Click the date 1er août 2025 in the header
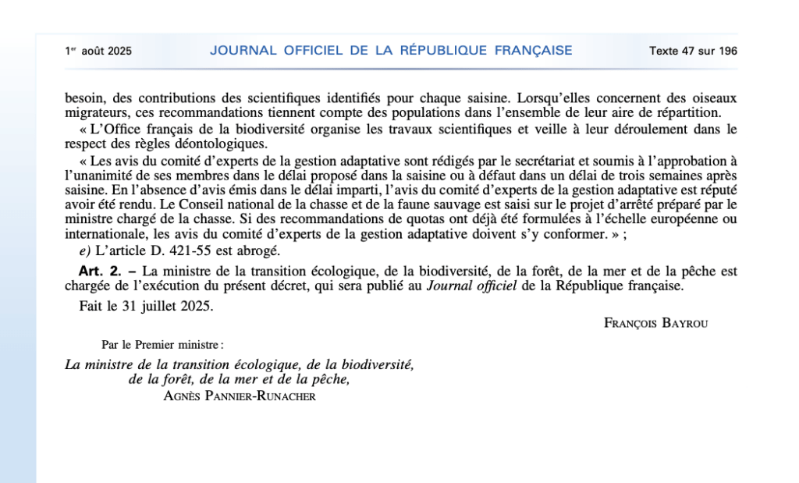click(x=98, y=51)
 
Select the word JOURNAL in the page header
click(x=243, y=51)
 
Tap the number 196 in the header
click(x=727, y=51)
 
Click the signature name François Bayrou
click(x=655, y=323)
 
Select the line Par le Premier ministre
click(x=162, y=344)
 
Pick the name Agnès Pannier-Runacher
click(x=240, y=396)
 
